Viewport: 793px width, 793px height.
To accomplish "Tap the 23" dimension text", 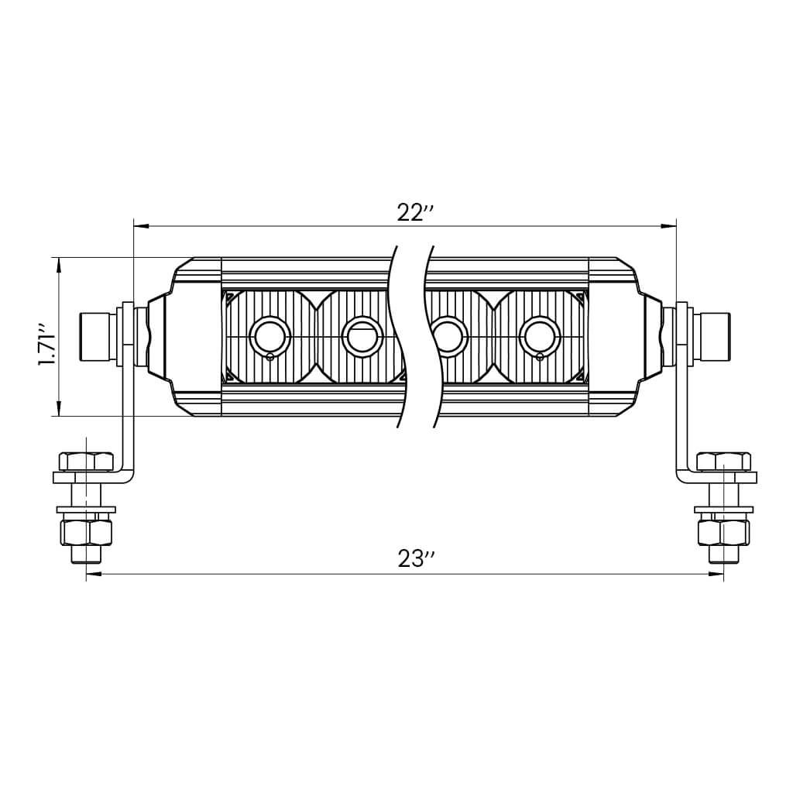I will click(417, 558).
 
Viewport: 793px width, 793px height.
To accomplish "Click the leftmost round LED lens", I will click(269, 337).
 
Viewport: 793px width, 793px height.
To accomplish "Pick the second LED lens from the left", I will click(362, 337).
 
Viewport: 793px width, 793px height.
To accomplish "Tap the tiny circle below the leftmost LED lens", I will click(269, 357).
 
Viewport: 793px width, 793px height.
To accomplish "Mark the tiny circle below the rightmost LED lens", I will click(540, 357).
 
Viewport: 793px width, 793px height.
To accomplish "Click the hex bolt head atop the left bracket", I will click(86, 462).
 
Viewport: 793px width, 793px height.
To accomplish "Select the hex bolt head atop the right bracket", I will click(723, 462).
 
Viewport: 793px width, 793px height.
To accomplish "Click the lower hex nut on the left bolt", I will click(86, 532).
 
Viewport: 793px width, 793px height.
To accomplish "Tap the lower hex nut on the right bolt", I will click(723, 532).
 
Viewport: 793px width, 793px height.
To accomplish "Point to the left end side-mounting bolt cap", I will click(97, 337).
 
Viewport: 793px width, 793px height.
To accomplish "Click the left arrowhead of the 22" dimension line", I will click(140, 226).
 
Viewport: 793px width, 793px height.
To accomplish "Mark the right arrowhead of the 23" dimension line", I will click(716, 574).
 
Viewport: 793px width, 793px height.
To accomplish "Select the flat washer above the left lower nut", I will click(86, 510).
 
